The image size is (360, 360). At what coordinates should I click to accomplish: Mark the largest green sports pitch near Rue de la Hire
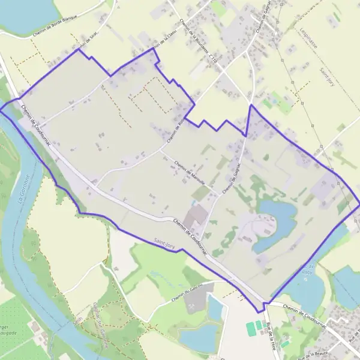(250, 329)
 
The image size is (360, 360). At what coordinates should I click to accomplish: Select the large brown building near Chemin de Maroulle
(197, 215)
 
